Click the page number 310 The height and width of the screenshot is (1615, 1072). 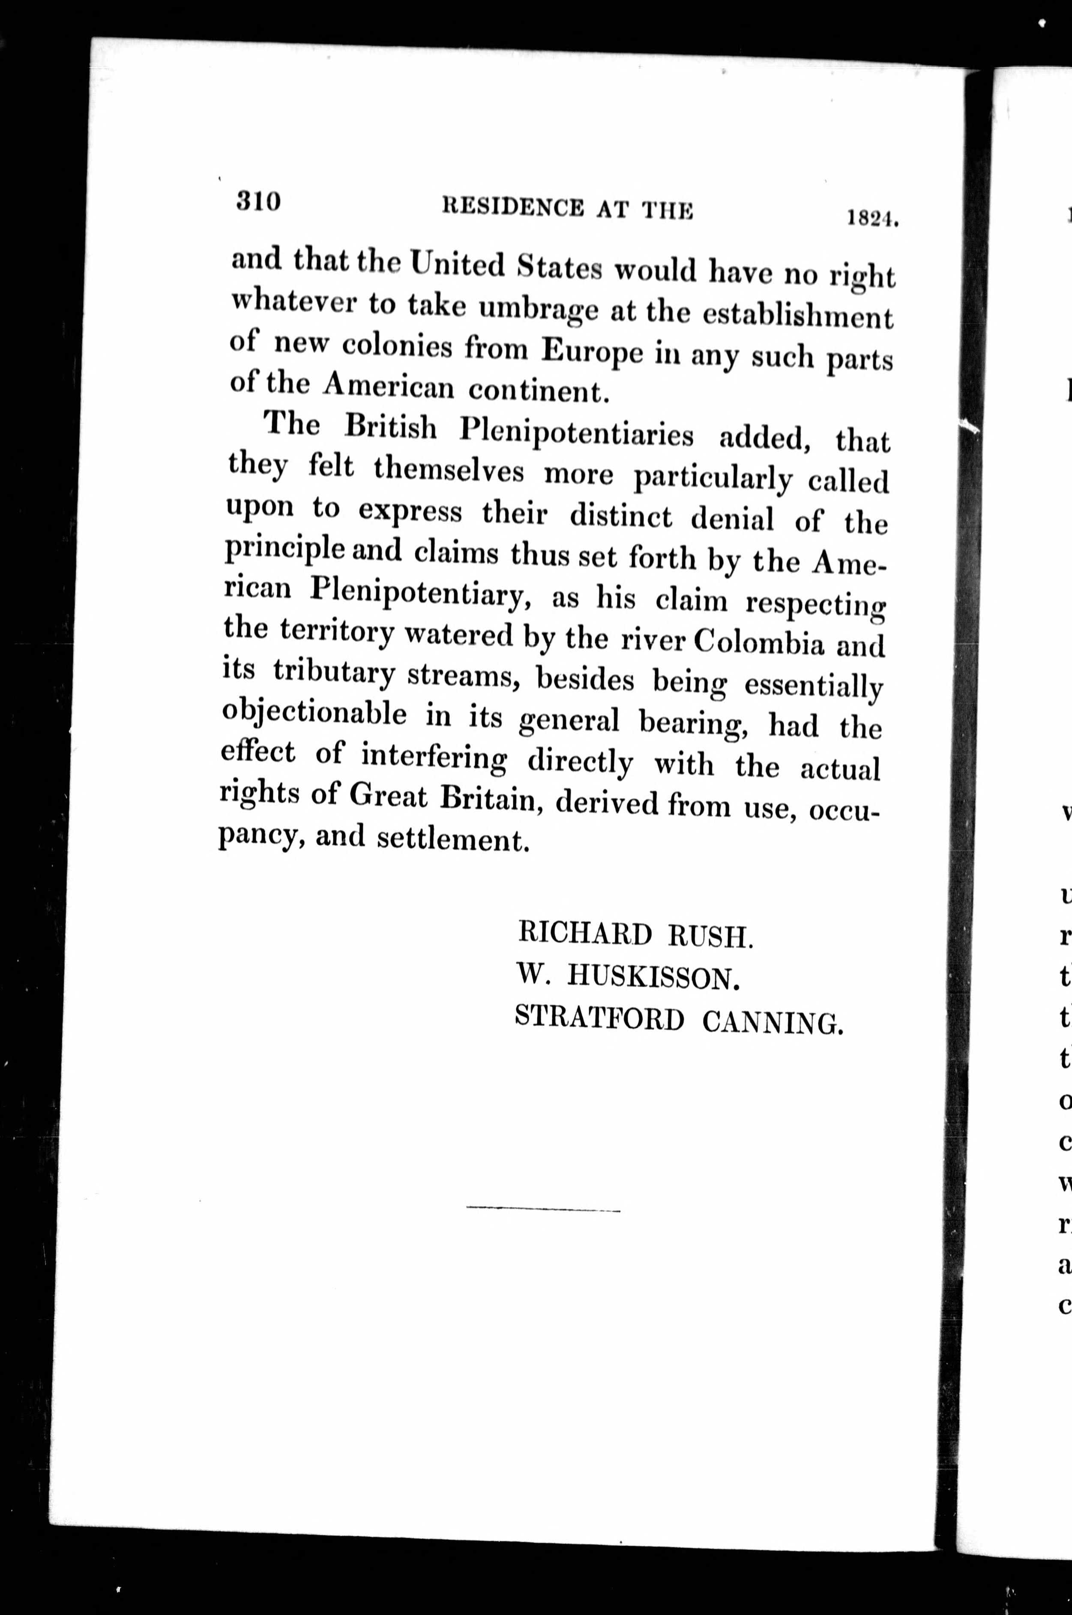[x=258, y=202]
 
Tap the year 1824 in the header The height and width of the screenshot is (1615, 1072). [x=871, y=218]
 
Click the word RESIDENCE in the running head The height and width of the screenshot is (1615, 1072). [x=513, y=207]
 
